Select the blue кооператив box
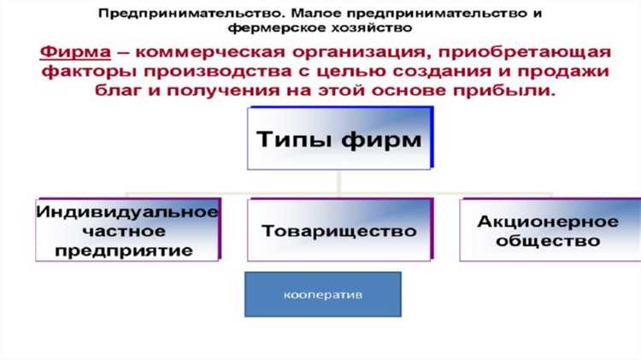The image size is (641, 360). coord(323,294)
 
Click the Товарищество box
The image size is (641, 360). coord(339,231)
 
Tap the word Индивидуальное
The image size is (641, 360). coord(128,210)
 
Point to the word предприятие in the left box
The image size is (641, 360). coord(128,251)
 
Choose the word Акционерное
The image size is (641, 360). coord(548,221)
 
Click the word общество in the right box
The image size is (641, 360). coord(548,242)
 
